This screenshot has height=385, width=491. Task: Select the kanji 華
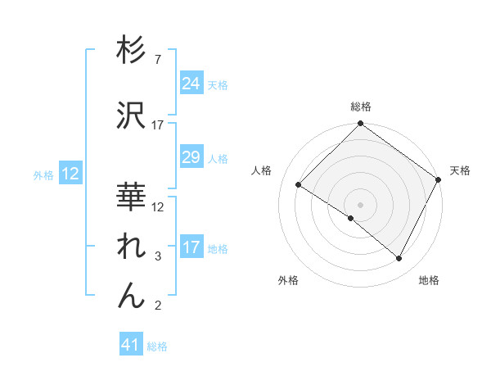point(131,197)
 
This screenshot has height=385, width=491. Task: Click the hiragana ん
point(131,295)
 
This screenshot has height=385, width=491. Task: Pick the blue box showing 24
point(191,83)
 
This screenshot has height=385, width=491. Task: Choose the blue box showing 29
point(191,157)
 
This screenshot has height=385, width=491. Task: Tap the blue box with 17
point(191,247)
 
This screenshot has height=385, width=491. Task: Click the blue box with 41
point(131,345)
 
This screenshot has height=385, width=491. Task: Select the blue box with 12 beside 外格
point(70,174)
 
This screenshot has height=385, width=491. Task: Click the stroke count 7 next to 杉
point(158,61)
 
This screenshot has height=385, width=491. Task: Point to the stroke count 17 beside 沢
point(158,125)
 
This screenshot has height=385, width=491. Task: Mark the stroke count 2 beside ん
point(158,306)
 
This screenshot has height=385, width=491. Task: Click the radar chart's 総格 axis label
point(361,106)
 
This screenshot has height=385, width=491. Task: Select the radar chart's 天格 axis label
point(460,170)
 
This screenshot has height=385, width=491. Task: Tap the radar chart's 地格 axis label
point(429,280)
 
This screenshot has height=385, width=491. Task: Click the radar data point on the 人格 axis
point(299,184)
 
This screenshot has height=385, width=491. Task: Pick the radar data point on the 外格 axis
point(351,218)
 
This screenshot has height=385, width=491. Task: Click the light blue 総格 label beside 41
point(158,346)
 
